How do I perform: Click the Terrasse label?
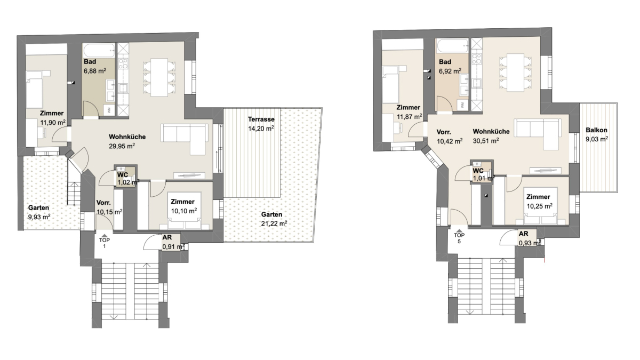(x=261, y=119)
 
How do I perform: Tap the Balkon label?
(x=597, y=130)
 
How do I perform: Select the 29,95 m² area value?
(x=122, y=146)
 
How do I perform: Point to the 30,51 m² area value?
(x=486, y=141)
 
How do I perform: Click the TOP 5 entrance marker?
(x=459, y=235)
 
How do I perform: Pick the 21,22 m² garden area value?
(x=274, y=223)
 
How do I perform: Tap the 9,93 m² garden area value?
(x=39, y=217)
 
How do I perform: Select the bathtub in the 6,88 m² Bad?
(x=99, y=51)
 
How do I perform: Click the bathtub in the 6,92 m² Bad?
(x=452, y=45)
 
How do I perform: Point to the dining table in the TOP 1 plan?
(x=159, y=77)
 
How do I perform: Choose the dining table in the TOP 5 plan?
(x=515, y=73)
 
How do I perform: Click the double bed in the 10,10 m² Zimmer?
(x=185, y=211)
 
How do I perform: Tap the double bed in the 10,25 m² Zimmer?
(x=541, y=206)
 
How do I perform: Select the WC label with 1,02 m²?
(x=123, y=175)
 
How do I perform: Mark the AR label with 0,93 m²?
(x=523, y=234)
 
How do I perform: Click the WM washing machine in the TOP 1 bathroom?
(x=109, y=110)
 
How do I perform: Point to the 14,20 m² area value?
(x=261, y=129)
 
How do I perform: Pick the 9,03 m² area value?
(x=597, y=139)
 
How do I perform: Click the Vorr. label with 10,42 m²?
(x=444, y=132)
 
